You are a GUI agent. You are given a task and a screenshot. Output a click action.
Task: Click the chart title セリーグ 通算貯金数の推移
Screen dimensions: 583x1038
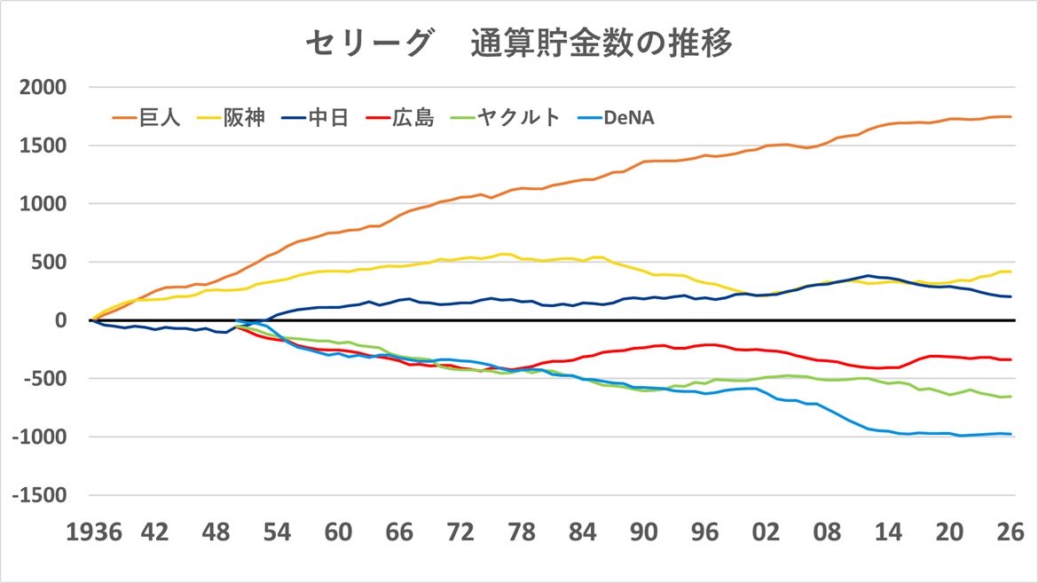coord(519,43)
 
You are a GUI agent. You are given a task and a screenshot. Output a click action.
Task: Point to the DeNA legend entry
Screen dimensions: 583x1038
coord(629,118)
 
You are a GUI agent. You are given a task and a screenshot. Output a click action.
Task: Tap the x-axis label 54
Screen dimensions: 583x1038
coord(277,534)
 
